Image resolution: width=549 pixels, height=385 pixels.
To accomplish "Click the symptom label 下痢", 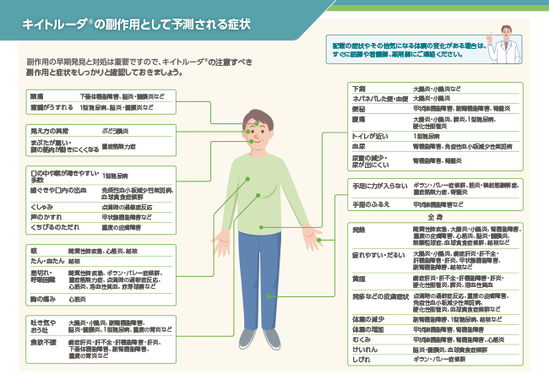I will coord(359,89).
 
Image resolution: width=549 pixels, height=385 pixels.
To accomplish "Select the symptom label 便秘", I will coord(359,110).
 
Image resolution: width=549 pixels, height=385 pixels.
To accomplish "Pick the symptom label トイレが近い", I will coord(369,135).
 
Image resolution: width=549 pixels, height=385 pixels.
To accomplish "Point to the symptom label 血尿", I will coord(359,146).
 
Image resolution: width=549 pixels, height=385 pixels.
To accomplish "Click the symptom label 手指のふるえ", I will coord(370,205).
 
